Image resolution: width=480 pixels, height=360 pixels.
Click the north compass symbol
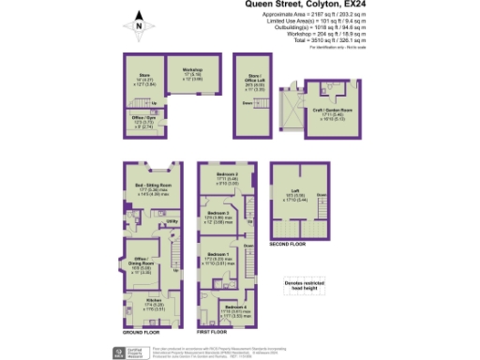(x=138, y=27)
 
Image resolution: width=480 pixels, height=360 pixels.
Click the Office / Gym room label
(x=143, y=119)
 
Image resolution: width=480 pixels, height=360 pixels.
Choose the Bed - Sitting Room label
(x=152, y=187)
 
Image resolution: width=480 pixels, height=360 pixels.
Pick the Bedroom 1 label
(x=218, y=256)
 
